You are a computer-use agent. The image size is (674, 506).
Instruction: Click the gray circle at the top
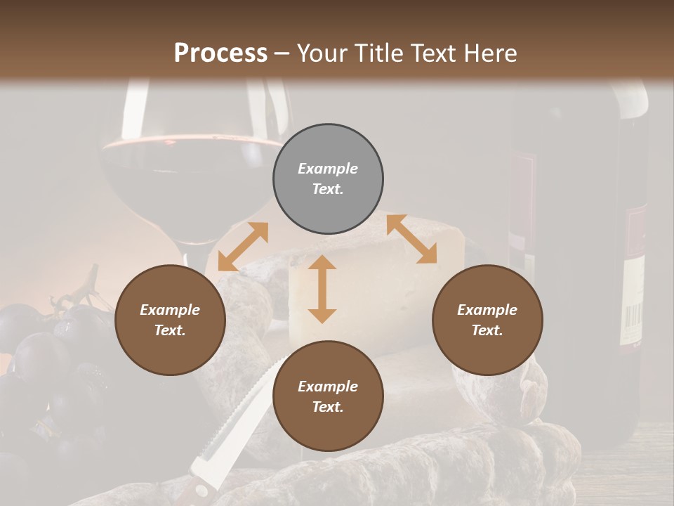328,179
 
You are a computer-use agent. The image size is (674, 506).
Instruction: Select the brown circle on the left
170,320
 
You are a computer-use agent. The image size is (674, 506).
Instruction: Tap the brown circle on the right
487,320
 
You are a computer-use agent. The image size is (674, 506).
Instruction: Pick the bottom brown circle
328,396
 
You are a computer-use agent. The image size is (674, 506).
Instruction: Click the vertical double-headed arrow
322,289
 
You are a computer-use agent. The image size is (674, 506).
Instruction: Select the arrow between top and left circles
243,247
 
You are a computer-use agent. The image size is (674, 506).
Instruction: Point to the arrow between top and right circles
411,239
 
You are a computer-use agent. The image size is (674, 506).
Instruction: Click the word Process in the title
220,53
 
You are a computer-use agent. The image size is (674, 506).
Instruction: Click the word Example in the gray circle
328,169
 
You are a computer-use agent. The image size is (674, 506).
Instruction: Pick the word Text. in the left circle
170,330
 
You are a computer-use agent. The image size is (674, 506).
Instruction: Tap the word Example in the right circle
487,310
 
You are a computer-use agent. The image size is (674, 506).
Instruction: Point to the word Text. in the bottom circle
328,407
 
